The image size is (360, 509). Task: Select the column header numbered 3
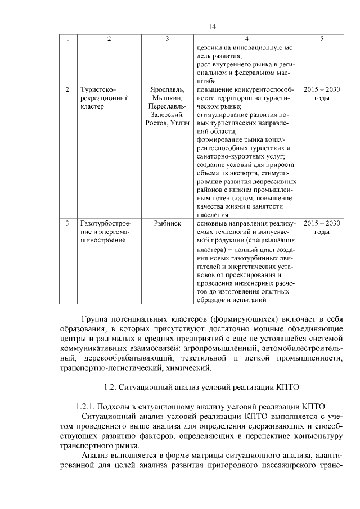click(167, 39)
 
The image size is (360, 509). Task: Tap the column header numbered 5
click(321, 39)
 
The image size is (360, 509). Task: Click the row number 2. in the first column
click(68, 89)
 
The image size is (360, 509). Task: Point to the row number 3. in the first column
click(68, 223)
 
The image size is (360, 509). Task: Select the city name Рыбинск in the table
click(167, 223)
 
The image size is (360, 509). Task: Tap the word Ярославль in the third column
click(167, 89)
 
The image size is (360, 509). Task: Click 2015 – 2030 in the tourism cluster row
click(322, 89)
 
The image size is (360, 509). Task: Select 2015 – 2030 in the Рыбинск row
click(322, 223)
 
